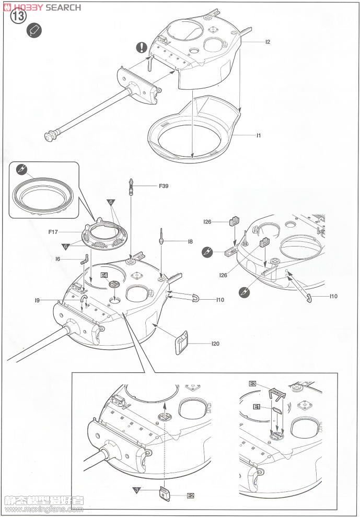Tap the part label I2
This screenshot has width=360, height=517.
click(267, 42)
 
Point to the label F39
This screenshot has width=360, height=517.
click(163, 185)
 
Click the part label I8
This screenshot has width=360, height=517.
click(190, 241)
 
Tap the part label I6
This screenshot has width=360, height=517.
click(58, 258)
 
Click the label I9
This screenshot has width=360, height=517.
click(38, 300)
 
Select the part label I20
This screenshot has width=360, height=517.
click(215, 344)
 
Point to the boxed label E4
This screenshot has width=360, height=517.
click(104, 275)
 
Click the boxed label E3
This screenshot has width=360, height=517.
click(252, 384)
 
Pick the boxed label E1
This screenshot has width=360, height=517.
click(256, 406)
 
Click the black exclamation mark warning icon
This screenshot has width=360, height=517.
click(142, 48)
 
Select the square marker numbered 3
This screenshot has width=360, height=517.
click(136, 490)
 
